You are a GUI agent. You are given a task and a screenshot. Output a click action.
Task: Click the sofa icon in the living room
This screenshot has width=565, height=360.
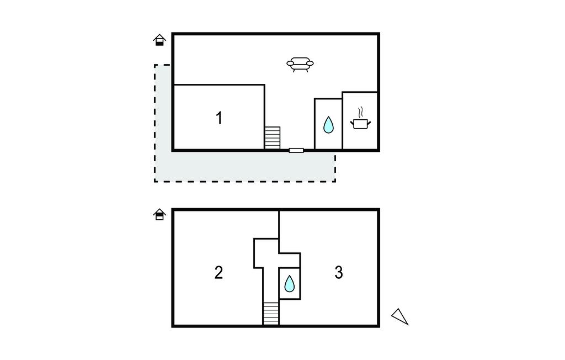(x=300, y=65)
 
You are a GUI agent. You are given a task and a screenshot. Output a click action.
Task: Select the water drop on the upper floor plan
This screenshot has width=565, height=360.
(x=328, y=124)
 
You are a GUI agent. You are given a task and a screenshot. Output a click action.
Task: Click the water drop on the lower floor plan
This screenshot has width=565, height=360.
(x=289, y=283)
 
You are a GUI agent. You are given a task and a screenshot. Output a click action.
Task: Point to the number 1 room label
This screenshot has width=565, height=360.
(x=218, y=118)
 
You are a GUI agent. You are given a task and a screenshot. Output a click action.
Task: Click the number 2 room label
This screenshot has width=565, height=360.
(x=218, y=273)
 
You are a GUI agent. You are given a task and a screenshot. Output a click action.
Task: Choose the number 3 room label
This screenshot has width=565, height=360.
(x=339, y=272)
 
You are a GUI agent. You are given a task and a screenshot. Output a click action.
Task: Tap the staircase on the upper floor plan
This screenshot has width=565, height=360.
(x=273, y=138)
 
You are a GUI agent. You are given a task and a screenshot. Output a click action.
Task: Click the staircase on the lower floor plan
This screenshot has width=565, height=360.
(x=271, y=314)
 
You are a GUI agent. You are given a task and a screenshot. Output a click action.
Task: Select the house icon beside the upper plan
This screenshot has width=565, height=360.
(x=159, y=40)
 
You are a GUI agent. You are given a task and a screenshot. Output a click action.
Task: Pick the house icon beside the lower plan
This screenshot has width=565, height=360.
(x=159, y=214)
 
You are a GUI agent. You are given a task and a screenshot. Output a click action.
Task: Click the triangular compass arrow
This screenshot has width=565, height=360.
(x=400, y=317)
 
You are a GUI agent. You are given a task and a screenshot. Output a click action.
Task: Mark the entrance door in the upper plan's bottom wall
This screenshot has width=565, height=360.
(x=296, y=150)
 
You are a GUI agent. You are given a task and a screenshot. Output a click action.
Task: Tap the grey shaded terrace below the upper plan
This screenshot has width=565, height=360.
(x=245, y=166)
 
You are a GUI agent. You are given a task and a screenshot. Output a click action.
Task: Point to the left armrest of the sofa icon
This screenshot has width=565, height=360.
(x=290, y=64)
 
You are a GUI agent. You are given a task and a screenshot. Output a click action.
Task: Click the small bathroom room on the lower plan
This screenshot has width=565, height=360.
(x=290, y=283)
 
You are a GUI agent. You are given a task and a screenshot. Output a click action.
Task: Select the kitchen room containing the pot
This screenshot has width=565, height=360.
(x=360, y=120)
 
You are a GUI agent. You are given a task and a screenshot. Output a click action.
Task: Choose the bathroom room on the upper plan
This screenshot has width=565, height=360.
(x=328, y=124)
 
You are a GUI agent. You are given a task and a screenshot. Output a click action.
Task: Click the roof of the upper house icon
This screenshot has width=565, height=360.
(x=159, y=36)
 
